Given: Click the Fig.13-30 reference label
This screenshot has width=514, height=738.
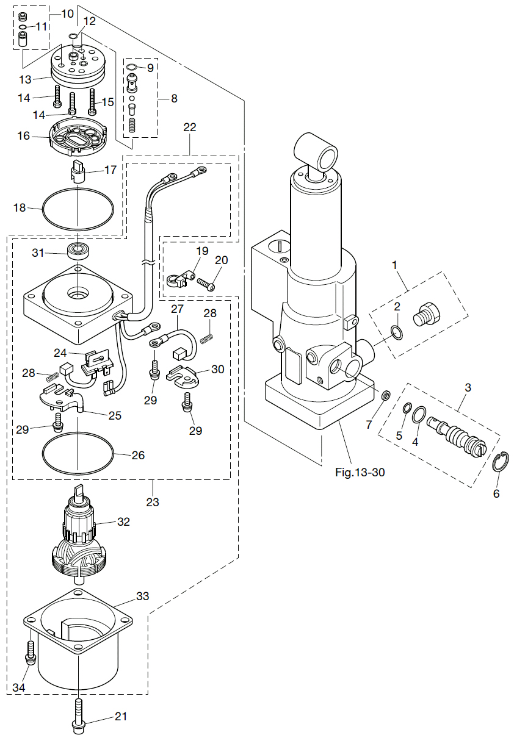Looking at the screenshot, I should (x=360, y=472).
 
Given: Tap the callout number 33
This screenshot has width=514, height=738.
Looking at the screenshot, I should (x=142, y=595).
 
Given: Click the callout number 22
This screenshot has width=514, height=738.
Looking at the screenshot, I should (x=190, y=127).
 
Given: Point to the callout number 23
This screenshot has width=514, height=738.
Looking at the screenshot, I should (x=152, y=502).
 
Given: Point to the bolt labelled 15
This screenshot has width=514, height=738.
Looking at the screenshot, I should (x=93, y=101).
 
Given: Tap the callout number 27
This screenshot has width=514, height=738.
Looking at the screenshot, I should (x=177, y=309).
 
